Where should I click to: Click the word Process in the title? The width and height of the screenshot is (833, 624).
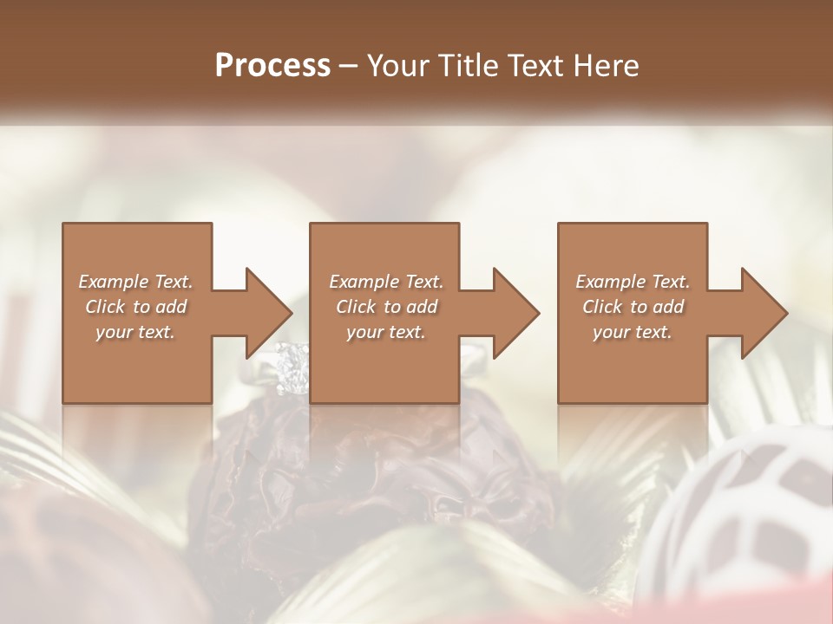pyautogui.click(x=272, y=65)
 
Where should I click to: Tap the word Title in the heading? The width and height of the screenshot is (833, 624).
pyautogui.click(x=469, y=65)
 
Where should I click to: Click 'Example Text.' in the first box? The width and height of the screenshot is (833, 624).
pyautogui.click(x=136, y=282)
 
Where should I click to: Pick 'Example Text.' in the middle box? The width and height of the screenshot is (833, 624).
pyautogui.click(x=386, y=282)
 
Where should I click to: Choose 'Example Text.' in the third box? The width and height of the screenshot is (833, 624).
pyautogui.click(x=633, y=282)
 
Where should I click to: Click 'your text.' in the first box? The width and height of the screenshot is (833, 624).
pyautogui.click(x=135, y=332)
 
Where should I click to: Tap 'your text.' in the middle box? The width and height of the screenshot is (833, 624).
pyautogui.click(x=386, y=332)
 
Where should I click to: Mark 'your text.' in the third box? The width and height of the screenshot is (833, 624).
pyautogui.click(x=633, y=332)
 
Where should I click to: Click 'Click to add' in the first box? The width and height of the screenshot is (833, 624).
pyautogui.click(x=136, y=307)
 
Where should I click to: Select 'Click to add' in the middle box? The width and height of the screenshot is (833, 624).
pyautogui.click(x=386, y=307)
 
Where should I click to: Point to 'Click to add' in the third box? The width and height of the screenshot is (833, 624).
pyautogui.click(x=633, y=307)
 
